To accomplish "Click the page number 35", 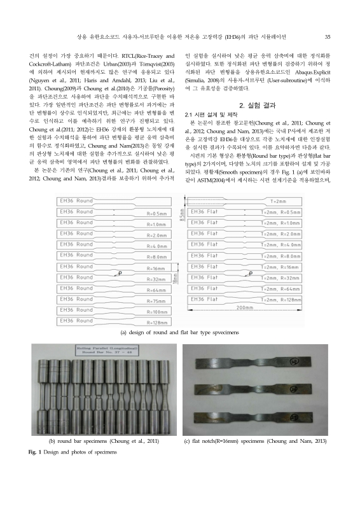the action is pos(326,36).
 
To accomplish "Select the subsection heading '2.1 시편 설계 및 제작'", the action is pos(208,113).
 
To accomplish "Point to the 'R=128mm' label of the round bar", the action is pos(156,323).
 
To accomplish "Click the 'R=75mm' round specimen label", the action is pos(155,305).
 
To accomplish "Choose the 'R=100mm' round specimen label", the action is pos(156,314).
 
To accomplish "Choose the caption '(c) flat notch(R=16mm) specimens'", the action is pos(255,440).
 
